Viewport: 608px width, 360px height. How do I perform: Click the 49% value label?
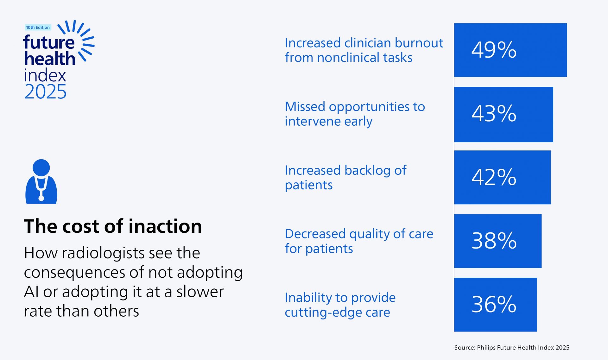494,50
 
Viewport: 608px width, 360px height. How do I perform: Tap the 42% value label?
494,177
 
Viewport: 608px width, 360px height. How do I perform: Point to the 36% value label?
494,305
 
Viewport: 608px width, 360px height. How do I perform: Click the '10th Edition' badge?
38,28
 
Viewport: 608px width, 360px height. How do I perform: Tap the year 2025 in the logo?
45,92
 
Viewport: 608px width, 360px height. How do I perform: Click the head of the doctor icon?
41,167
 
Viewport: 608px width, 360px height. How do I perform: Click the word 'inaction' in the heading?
165,226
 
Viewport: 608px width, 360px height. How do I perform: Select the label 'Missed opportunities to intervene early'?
355,114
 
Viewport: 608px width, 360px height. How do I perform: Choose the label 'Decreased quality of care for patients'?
358,241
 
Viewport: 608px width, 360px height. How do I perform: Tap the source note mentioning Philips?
511,348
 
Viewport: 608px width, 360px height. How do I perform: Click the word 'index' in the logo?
45,75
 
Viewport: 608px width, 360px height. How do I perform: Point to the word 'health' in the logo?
50,59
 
